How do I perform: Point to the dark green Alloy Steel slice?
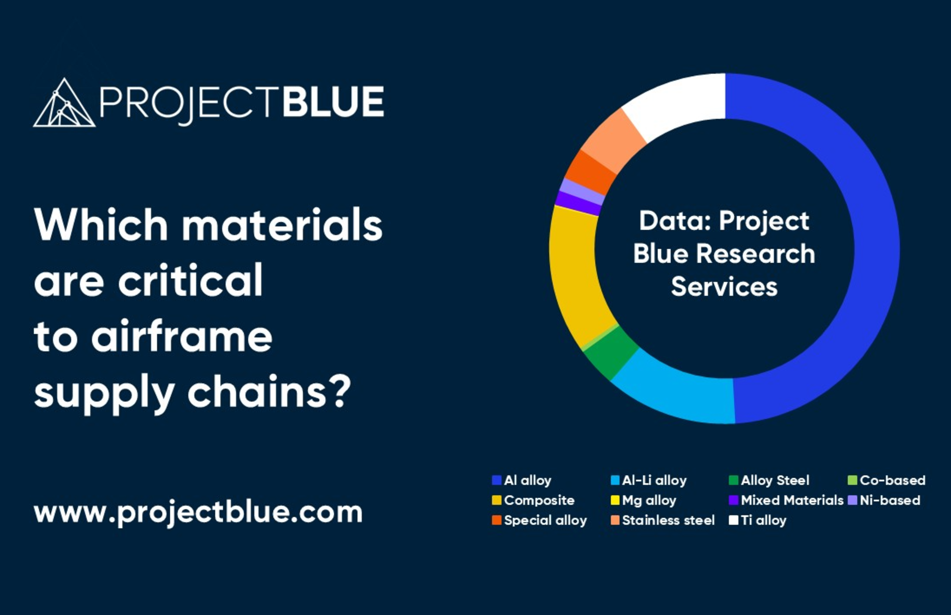tap(611, 353)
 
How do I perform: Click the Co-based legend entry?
tap(887, 480)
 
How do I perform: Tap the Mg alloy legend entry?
tap(644, 500)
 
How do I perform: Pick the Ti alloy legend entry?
tap(757, 520)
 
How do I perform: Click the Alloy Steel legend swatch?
tap(734, 480)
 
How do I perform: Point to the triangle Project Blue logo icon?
tap(64, 103)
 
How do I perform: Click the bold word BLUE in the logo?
tap(333, 102)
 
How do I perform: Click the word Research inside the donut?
tap(755, 254)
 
